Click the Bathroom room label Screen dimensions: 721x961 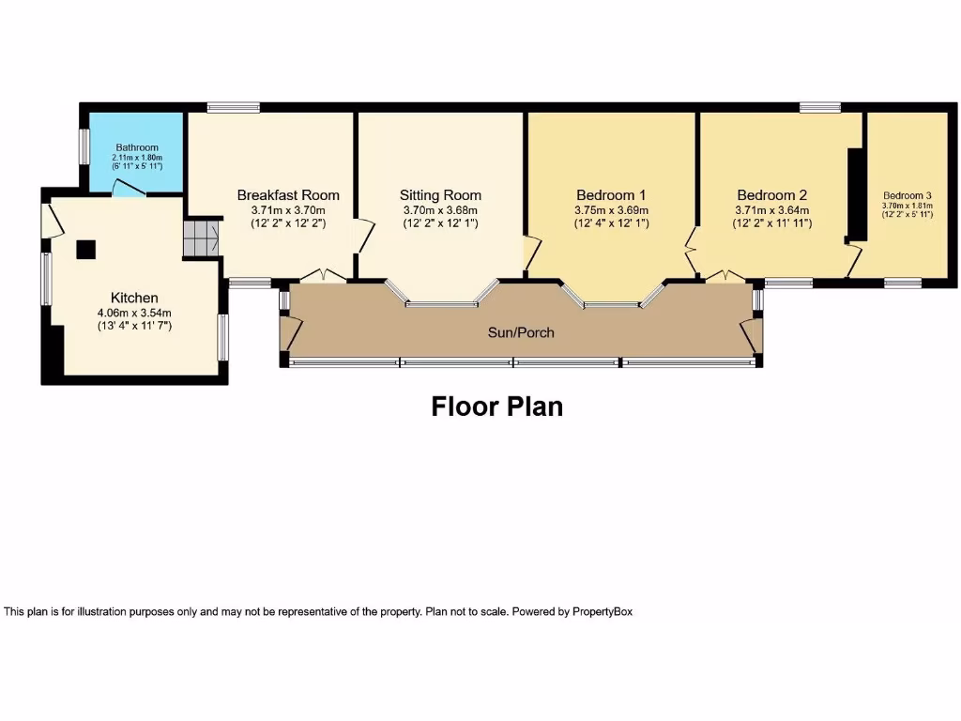click(x=136, y=147)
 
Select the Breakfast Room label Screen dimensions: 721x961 click(x=287, y=195)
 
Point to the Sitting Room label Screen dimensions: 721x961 click(x=440, y=195)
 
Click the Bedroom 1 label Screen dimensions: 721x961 click(x=611, y=195)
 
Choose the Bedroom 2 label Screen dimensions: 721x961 click(x=772, y=195)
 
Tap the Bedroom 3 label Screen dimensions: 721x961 click(x=907, y=196)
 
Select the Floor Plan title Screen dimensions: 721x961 click(x=496, y=407)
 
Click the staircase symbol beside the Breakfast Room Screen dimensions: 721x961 click(x=200, y=238)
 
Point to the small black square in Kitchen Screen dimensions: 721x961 click(x=85, y=249)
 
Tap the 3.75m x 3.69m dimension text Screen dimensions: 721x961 click(x=611, y=210)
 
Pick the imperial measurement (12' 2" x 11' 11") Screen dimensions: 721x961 click(x=772, y=223)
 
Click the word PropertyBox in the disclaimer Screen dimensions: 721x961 click(x=603, y=611)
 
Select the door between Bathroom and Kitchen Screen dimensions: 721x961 click(x=129, y=191)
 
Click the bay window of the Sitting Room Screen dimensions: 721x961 click(x=441, y=302)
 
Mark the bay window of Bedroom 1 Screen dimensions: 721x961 click(x=611, y=302)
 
